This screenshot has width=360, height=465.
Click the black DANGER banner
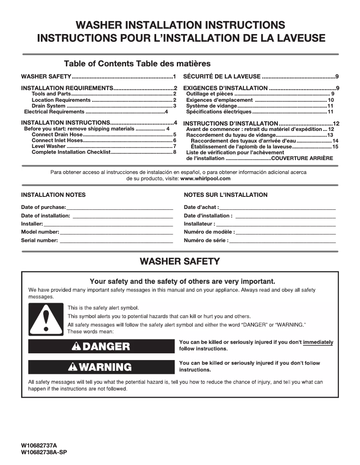[x=101, y=346]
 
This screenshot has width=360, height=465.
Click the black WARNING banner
[x=101, y=367]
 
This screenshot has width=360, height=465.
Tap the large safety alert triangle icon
[x=46, y=319]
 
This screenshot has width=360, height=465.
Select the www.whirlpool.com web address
[x=205, y=178]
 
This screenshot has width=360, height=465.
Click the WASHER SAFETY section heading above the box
[x=180, y=261]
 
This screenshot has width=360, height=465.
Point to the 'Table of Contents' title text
[x=99, y=64]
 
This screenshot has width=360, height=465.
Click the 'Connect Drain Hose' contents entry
[x=57, y=135]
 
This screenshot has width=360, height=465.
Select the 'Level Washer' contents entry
[x=48, y=147]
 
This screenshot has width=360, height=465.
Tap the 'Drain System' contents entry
[x=48, y=106]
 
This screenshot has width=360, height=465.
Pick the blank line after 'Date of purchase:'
[x=119, y=208]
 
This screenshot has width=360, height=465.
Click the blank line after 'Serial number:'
[x=116, y=241]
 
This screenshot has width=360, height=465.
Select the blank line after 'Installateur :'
[x=276, y=224]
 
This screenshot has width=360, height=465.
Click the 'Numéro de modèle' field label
[x=208, y=232]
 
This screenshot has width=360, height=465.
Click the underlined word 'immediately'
[x=318, y=343]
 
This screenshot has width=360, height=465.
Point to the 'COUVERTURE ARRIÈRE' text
[x=302, y=158]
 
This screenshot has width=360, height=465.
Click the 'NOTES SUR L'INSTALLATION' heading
[x=226, y=195]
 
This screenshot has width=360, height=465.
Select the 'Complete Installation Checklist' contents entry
[x=70, y=152]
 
